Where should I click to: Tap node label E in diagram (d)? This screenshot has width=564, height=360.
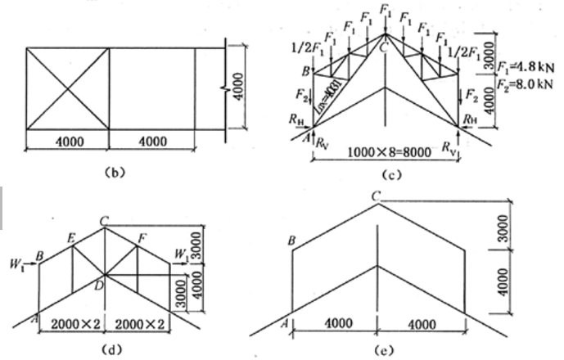(71, 237)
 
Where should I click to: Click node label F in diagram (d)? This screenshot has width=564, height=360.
(143, 237)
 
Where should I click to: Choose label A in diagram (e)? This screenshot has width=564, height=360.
(284, 321)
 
